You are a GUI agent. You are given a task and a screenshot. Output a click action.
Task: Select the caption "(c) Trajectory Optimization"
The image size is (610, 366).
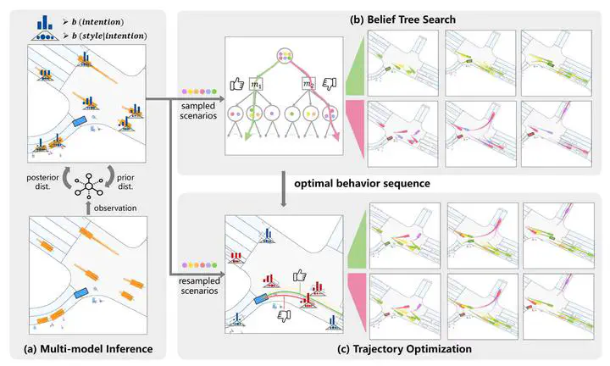(392, 348)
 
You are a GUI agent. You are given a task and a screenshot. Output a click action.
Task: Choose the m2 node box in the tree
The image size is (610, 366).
(308, 83)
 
